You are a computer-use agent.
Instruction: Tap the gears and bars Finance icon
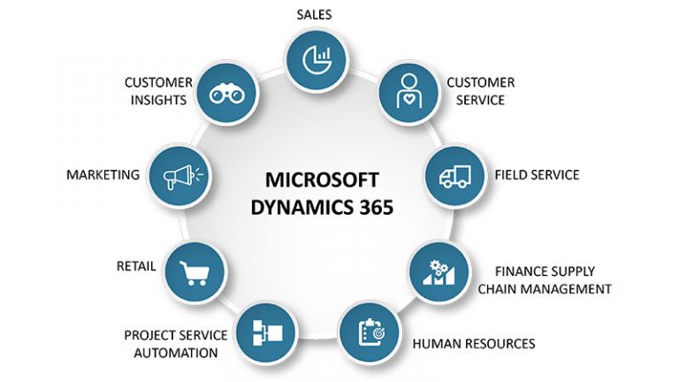(438, 271)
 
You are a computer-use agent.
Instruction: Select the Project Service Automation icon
(263, 332)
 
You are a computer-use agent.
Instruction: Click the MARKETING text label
(103, 175)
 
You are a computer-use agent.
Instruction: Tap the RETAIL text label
(136, 265)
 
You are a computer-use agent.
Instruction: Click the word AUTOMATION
(176, 353)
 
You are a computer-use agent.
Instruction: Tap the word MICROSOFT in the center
(322, 180)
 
